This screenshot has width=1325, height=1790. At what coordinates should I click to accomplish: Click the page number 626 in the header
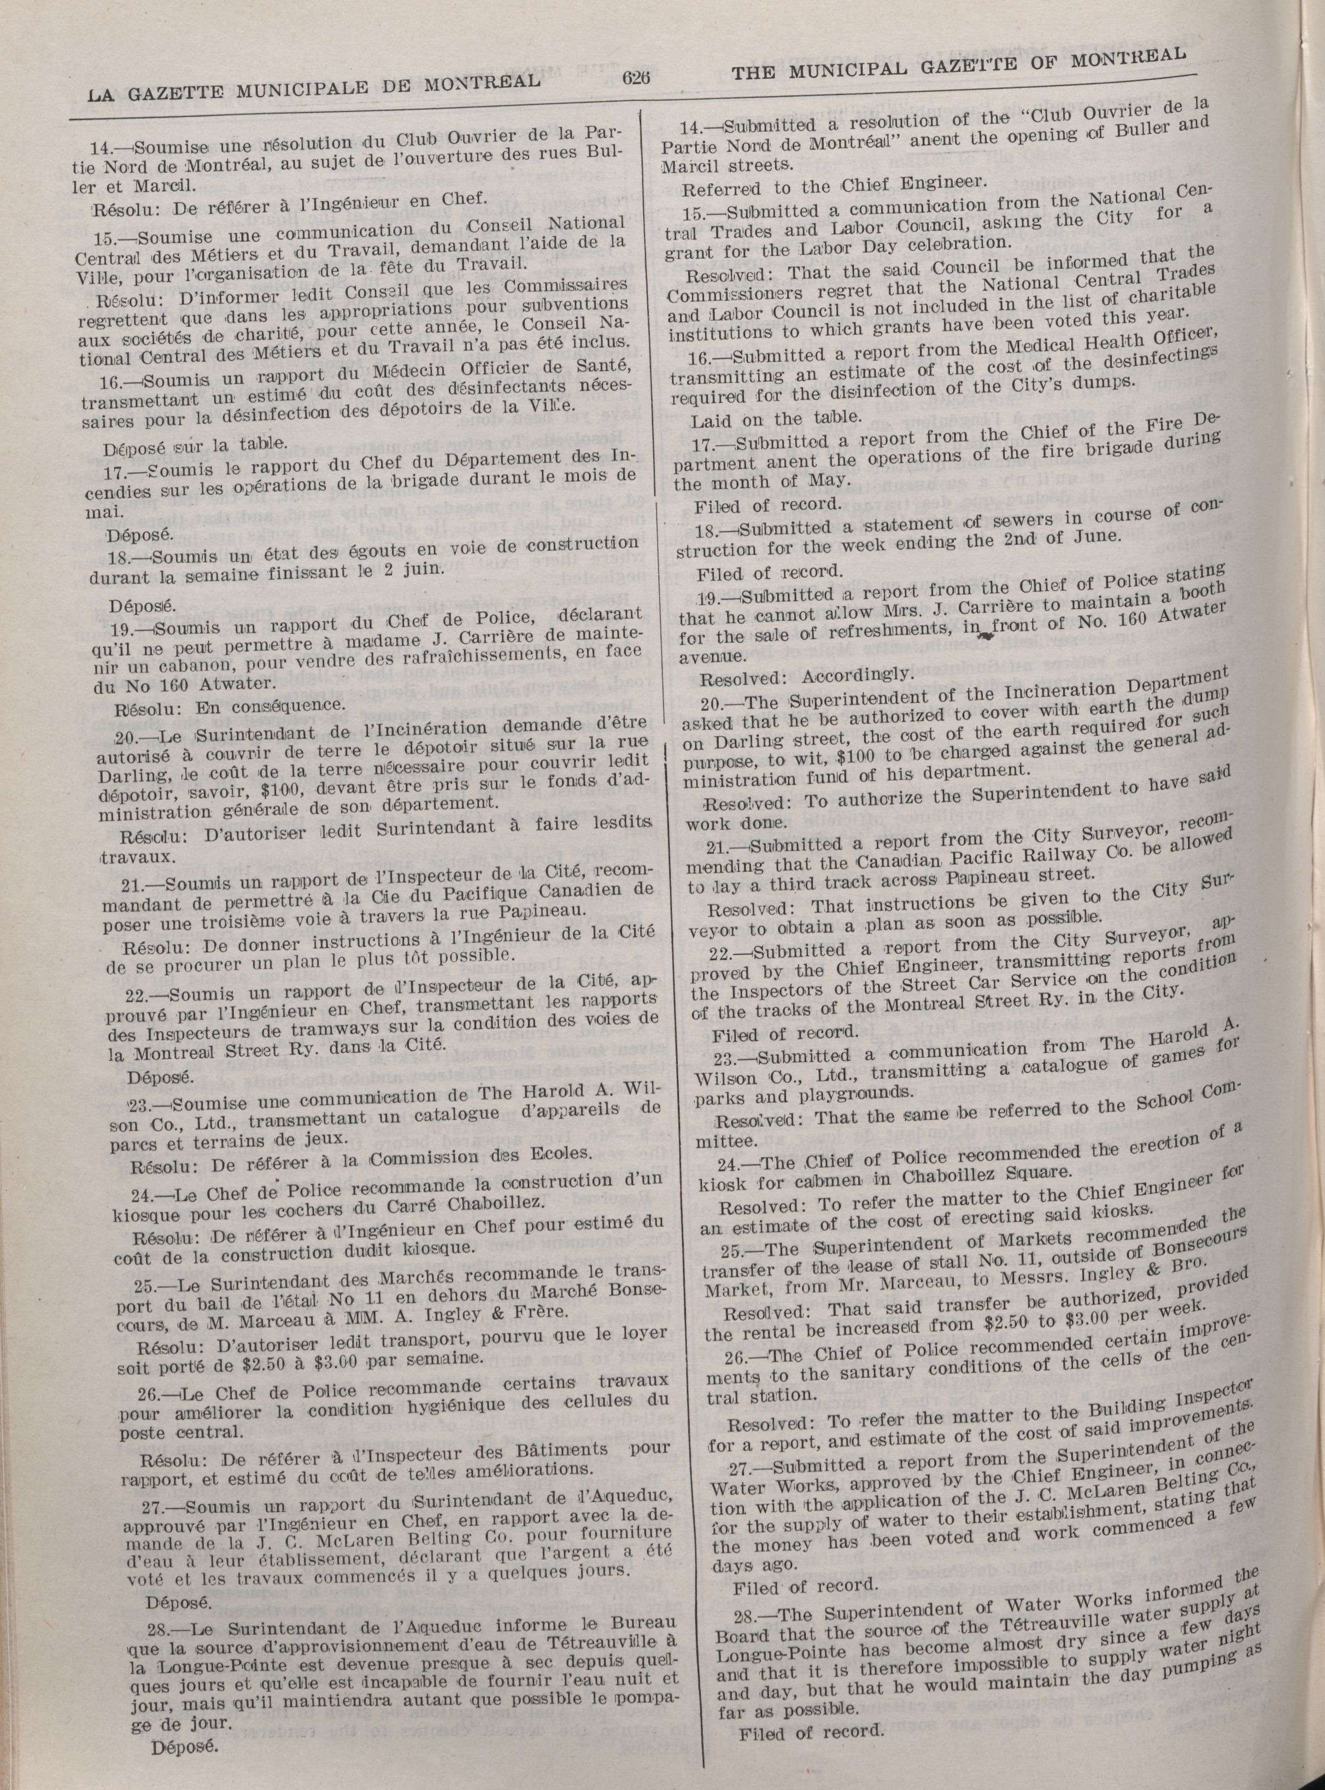point(634,77)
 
